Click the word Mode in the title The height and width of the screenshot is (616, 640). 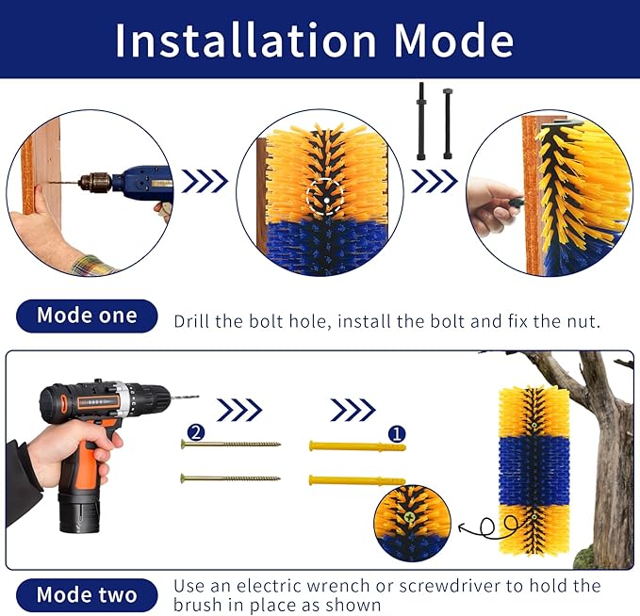(453, 40)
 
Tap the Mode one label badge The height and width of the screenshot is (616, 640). (86, 316)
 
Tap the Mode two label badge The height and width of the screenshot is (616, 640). (86, 594)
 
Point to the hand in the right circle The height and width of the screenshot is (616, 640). (492, 204)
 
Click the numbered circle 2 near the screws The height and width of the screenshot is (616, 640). (195, 432)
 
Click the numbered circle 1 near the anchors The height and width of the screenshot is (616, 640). (397, 434)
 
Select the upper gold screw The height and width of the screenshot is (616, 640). (231, 444)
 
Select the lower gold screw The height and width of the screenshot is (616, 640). (231, 478)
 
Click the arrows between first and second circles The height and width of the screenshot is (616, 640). (205, 181)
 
